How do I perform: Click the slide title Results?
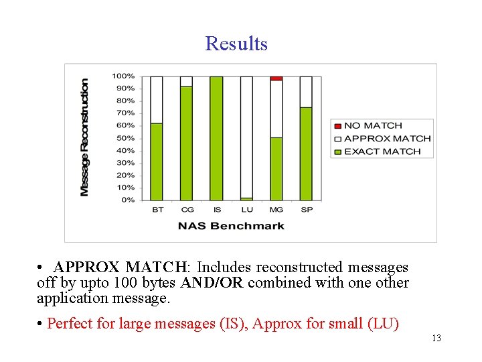pyautogui.click(x=236, y=44)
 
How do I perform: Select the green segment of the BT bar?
pyautogui.click(x=157, y=162)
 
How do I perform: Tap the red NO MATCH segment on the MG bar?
pyautogui.click(x=276, y=78)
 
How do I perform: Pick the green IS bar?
pyautogui.click(x=216, y=138)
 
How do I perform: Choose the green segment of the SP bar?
pyautogui.click(x=306, y=154)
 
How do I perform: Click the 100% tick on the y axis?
pyautogui.click(x=123, y=76)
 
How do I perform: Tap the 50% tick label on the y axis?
pyautogui.click(x=125, y=138)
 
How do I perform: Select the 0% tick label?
pyautogui.click(x=127, y=200)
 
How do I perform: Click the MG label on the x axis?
pyautogui.click(x=276, y=210)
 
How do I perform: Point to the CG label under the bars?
pyautogui.click(x=187, y=210)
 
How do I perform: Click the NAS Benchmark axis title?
pyautogui.click(x=231, y=226)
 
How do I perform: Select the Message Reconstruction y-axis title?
pyautogui.click(x=84, y=137)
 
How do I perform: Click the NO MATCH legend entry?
pyautogui.click(x=373, y=125)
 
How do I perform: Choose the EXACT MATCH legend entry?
pyautogui.click(x=382, y=152)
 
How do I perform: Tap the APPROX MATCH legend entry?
pyautogui.click(x=387, y=138)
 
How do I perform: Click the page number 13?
pyautogui.click(x=436, y=338)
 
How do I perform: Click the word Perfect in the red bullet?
pyautogui.click(x=70, y=324)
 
